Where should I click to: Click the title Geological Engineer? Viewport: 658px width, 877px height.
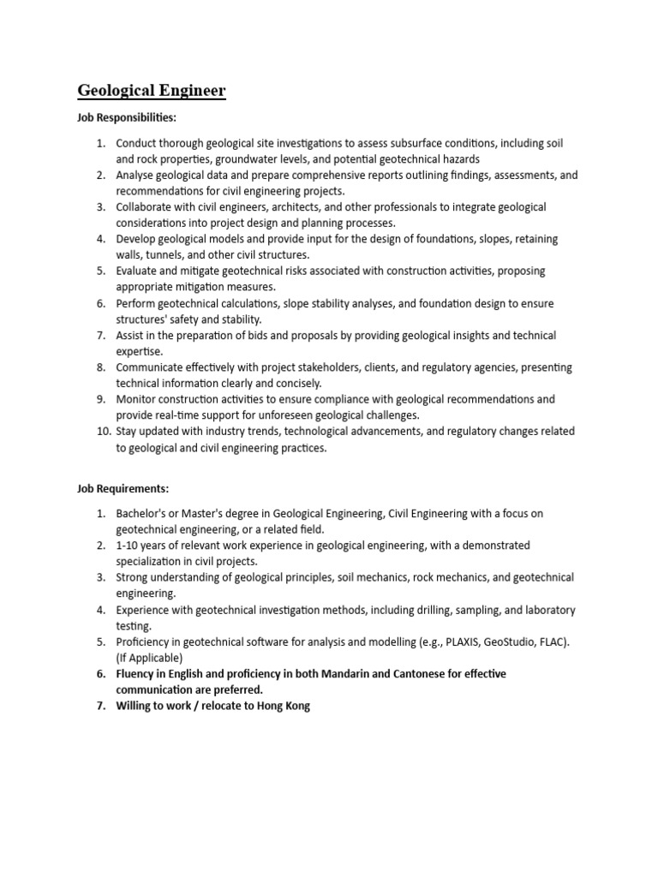[x=152, y=91]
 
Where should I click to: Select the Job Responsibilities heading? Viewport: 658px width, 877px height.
[x=127, y=116]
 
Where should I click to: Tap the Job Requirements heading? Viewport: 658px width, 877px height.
[x=123, y=488]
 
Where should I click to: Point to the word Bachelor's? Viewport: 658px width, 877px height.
[x=143, y=513]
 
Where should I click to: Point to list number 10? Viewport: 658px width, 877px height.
[x=103, y=431]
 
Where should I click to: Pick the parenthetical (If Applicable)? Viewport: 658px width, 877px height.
[x=149, y=658]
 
